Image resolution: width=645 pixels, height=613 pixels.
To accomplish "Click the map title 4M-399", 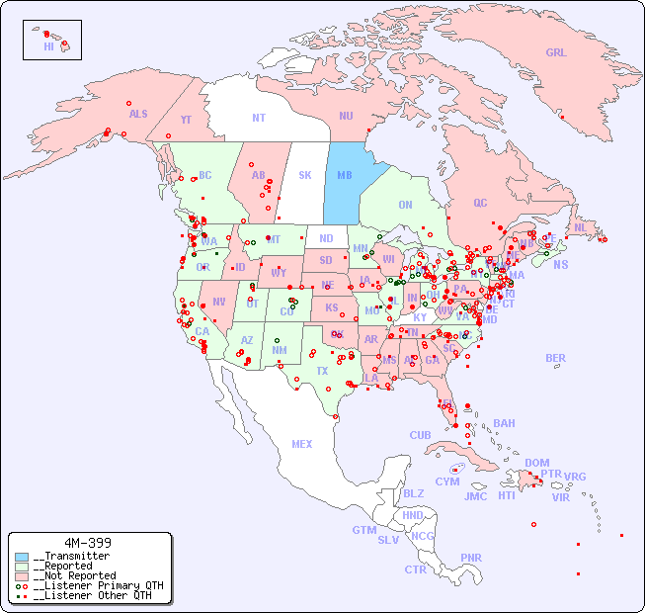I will pyautogui.click(x=88, y=543).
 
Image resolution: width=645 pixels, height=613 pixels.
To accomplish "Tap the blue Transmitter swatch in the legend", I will pyautogui.click(x=22, y=557).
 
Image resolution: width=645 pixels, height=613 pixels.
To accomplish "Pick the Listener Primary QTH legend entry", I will pyautogui.click(x=97, y=585).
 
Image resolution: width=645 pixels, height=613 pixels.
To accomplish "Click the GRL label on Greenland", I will pyautogui.click(x=556, y=53).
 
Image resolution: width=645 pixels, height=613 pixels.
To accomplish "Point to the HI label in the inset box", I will pyautogui.click(x=48, y=46).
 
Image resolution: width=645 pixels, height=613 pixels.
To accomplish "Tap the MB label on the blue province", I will pyautogui.click(x=345, y=175).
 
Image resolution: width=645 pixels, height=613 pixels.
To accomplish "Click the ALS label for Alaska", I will pyautogui.click(x=138, y=114).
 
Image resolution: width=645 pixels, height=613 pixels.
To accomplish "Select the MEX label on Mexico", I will pyautogui.click(x=302, y=444).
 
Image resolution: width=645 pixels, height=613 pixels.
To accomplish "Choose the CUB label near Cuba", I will pyautogui.click(x=420, y=435).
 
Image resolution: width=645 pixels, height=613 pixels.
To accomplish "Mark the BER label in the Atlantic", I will pyautogui.click(x=555, y=358).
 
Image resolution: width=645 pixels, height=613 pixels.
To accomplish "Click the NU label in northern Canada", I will pyautogui.click(x=346, y=116).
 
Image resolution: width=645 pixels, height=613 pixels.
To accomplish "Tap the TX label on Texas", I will pyautogui.click(x=322, y=371).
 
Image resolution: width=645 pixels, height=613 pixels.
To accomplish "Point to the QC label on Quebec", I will pyautogui.click(x=480, y=203).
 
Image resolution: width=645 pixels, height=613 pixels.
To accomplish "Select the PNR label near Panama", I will pyautogui.click(x=471, y=558).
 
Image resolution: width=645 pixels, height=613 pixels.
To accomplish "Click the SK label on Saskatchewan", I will pyautogui.click(x=305, y=175).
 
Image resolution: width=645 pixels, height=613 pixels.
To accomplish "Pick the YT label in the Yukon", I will pyautogui.click(x=186, y=120).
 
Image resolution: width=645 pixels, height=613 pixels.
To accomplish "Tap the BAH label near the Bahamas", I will pyautogui.click(x=504, y=423).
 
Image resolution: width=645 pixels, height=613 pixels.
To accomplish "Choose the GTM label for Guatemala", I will pyautogui.click(x=363, y=530).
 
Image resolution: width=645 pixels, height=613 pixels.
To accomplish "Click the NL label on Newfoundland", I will pyautogui.click(x=581, y=226).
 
